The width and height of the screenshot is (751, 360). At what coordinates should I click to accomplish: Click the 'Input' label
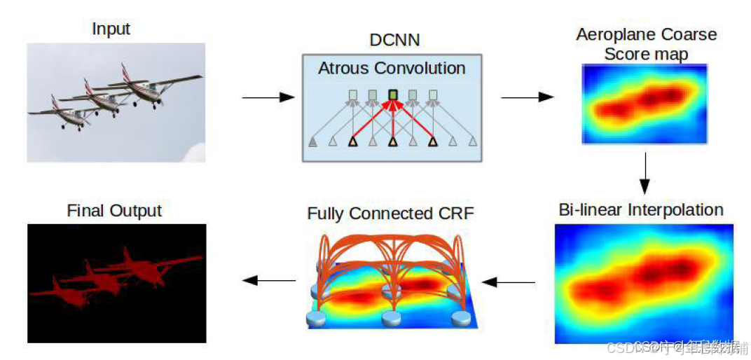pos(111,29)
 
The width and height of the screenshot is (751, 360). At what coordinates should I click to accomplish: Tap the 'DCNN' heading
pos(394,39)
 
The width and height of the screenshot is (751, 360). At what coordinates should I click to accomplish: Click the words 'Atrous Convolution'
pos(392,68)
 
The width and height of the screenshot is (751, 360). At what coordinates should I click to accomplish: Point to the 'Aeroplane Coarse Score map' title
pos(646,44)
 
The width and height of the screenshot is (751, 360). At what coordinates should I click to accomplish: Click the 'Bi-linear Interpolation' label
pos(641,209)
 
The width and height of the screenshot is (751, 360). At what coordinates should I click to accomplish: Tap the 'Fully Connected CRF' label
pos(390,213)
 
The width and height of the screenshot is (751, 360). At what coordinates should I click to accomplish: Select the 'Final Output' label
pos(114,210)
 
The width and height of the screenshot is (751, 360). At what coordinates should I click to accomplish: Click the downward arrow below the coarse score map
pos(645,176)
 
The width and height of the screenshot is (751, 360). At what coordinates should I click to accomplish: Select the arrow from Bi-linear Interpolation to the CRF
pos(509,282)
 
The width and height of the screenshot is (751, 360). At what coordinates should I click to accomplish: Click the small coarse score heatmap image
pos(645,104)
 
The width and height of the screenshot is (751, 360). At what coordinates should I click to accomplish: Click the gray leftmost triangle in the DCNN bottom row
pos(312,142)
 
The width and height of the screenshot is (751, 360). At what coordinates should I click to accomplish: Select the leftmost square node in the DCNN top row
pos(353,95)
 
